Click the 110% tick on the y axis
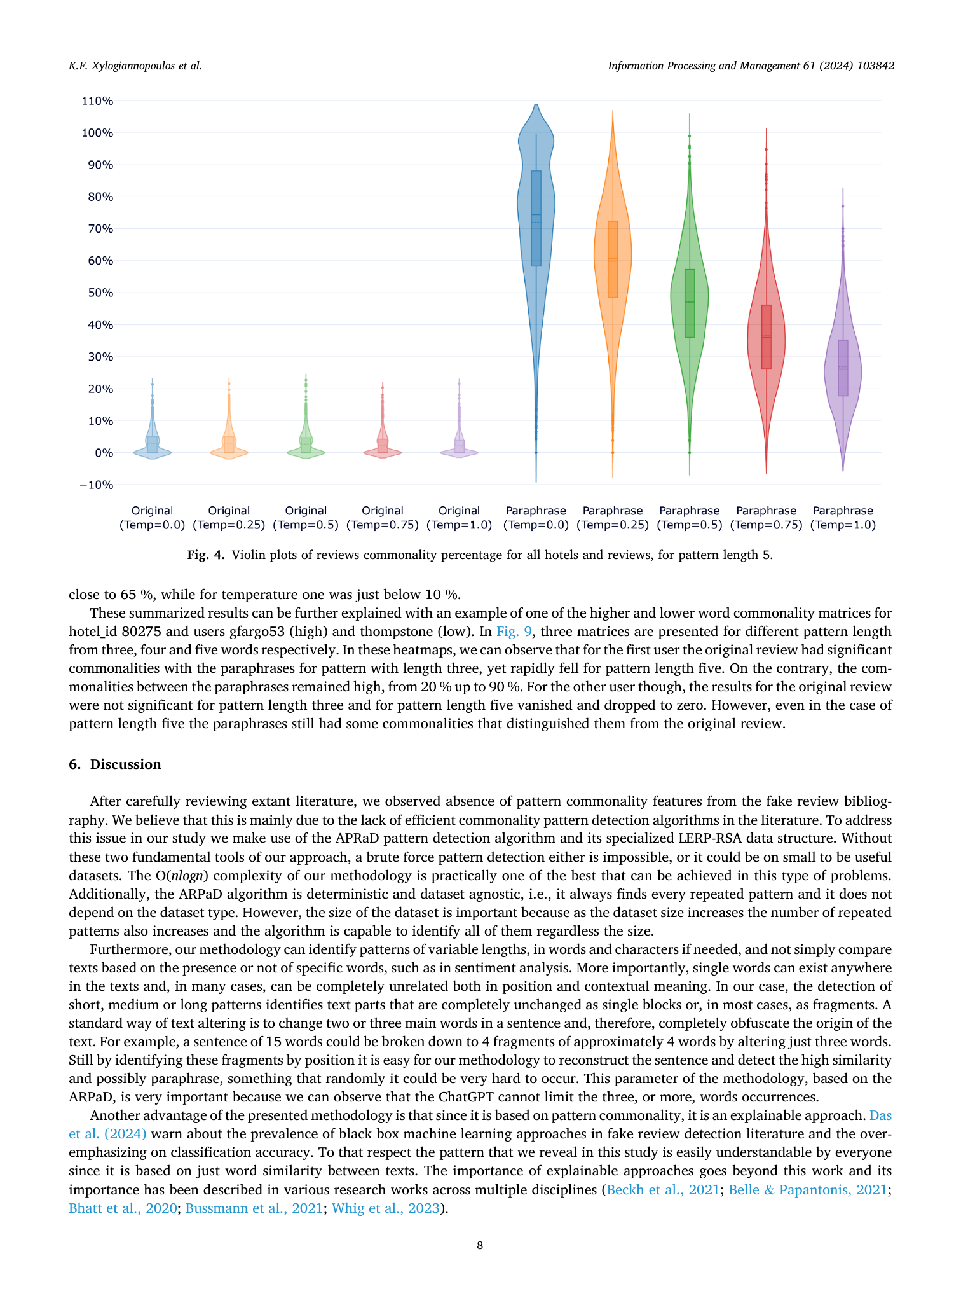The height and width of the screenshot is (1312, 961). [97, 100]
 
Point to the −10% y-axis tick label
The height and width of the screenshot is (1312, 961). [97, 485]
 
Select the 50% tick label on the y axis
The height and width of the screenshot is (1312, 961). [100, 293]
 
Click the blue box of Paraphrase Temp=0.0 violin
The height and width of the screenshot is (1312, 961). [536, 218]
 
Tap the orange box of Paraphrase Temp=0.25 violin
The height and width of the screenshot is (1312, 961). [613, 259]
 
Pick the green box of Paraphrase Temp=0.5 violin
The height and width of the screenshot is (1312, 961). [690, 303]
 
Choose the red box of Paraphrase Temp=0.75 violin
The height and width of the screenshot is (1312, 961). [767, 337]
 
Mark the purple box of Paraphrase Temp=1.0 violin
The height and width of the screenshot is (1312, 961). [843, 368]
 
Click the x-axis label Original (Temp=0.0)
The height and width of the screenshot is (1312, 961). [152, 518]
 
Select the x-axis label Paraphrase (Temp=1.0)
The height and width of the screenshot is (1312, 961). [843, 518]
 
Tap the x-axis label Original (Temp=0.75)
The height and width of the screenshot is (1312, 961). [383, 518]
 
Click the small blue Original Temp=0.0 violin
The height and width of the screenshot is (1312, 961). [153, 439]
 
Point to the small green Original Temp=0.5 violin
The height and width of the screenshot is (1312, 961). [306, 439]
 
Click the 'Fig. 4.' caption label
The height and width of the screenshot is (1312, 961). [206, 555]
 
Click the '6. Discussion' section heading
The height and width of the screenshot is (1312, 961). [115, 764]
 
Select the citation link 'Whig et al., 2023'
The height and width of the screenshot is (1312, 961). [386, 1208]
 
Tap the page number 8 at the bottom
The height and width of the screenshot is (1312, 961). [480, 1245]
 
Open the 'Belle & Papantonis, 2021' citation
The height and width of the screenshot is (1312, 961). [808, 1189]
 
